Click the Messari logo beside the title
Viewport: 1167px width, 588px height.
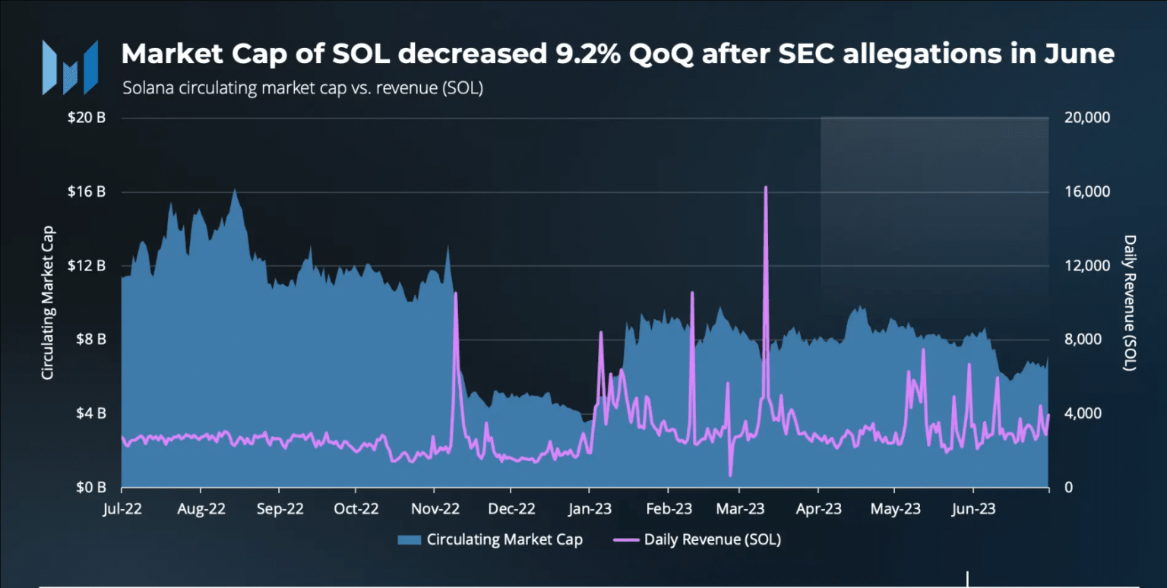(70, 67)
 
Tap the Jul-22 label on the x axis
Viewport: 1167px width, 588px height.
(122, 509)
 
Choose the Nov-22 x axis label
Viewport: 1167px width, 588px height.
(434, 509)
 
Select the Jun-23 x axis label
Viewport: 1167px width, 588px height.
(974, 509)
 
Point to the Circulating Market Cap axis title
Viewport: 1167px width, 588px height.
(47, 302)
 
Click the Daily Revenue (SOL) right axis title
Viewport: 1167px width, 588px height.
(1130, 302)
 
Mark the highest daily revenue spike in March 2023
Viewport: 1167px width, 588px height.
(766, 187)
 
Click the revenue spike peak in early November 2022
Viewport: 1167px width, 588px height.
(455, 293)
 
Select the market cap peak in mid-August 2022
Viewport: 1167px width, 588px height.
(234, 189)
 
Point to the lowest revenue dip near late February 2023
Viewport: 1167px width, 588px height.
(730, 476)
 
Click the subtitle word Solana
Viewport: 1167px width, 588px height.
(146, 88)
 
